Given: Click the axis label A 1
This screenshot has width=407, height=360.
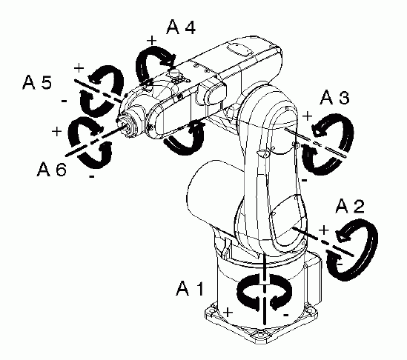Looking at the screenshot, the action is point(190,288).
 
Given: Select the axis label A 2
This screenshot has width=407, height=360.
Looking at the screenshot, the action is point(350,207).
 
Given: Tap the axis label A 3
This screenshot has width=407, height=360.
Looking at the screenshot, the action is point(334,98).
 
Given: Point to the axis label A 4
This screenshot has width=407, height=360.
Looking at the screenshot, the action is point(181,27).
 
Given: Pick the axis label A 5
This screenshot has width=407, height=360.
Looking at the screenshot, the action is point(37,82).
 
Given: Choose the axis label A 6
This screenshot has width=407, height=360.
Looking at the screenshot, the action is point(52,169).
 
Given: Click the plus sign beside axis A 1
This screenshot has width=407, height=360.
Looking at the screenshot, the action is point(228,312).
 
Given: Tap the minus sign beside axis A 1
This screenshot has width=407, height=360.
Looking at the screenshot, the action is point(285,315).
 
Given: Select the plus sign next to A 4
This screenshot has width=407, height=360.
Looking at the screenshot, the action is point(152,41).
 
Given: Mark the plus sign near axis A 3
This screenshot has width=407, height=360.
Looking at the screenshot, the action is point(308,116).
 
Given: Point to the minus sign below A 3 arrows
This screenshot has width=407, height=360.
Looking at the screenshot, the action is point(305,180).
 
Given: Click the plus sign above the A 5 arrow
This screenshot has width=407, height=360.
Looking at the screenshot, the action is point(79,68).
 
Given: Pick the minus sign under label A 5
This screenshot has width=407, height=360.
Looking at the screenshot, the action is point(64,101).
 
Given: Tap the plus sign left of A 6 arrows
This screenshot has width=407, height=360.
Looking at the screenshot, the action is point(56,131).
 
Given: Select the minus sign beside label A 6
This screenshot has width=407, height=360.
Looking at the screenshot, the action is point(92,176).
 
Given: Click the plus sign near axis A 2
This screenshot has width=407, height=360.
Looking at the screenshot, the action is point(324,230).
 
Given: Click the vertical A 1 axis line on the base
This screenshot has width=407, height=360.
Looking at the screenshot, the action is point(265,289).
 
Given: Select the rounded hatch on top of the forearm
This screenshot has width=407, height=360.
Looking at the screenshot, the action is point(239,49).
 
